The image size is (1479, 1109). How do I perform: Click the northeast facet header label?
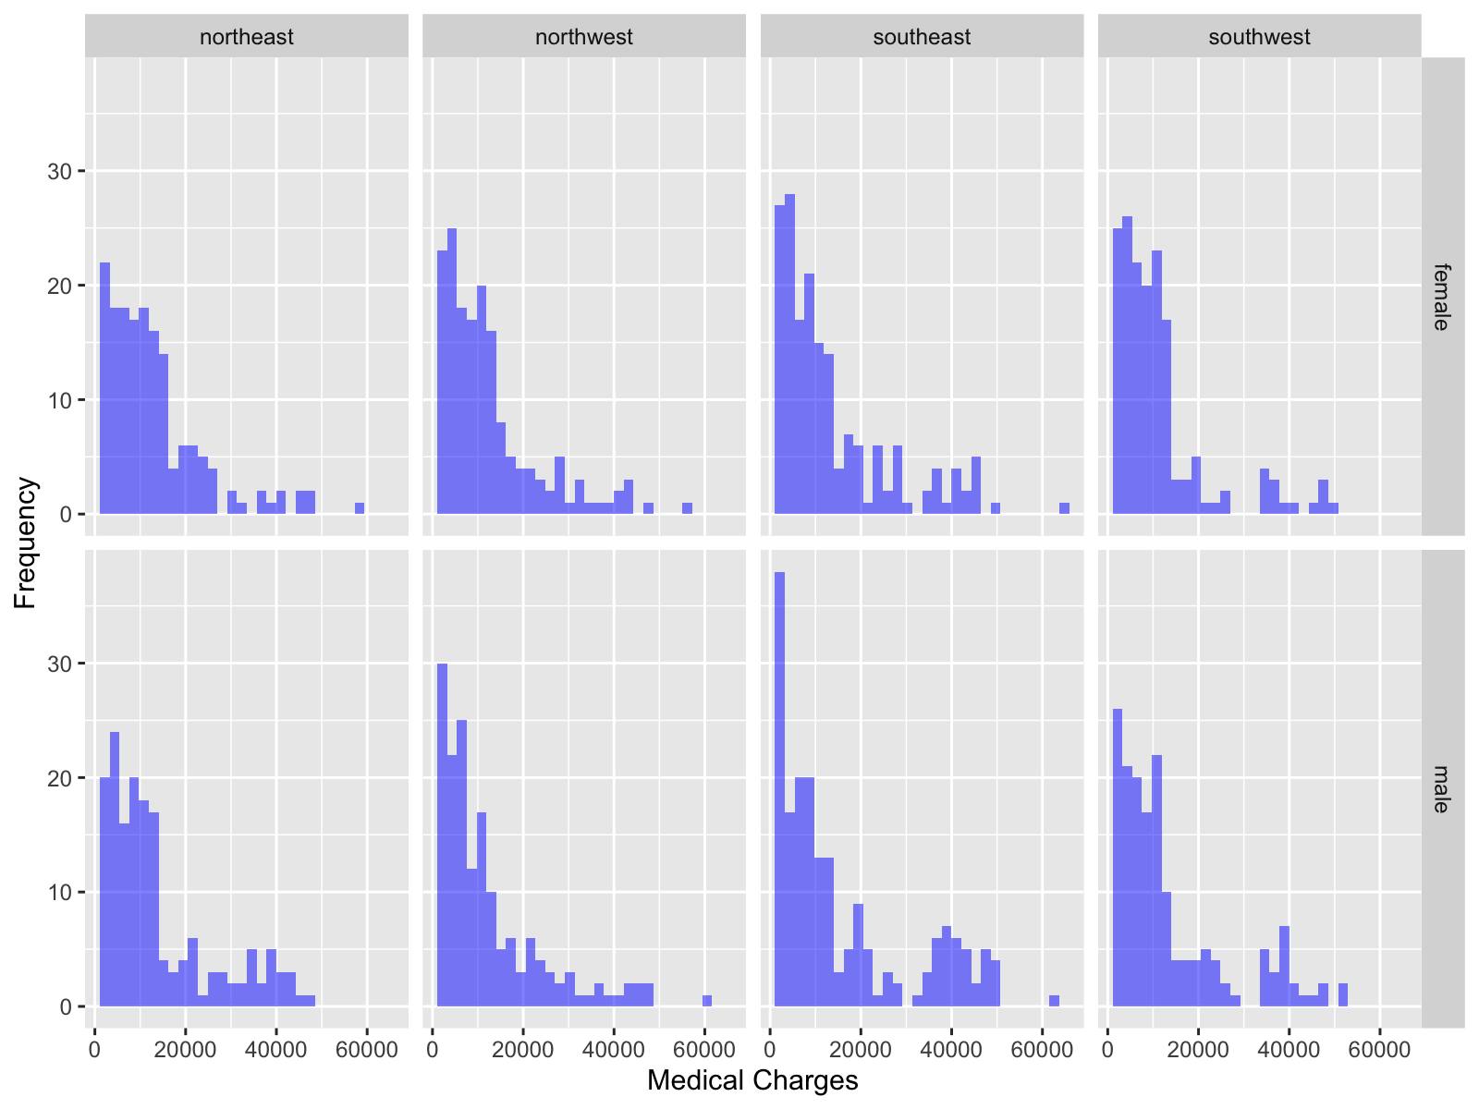(247, 37)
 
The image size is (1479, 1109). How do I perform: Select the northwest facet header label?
(584, 37)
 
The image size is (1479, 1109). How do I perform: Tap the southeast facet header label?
(922, 37)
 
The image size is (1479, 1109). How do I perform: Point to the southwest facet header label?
(1259, 37)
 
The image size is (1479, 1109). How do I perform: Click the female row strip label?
(1441, 297)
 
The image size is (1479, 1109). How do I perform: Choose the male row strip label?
(1441, 788)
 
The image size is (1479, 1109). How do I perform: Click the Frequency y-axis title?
(26, 542)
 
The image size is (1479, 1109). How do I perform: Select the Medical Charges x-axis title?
(752, 1080)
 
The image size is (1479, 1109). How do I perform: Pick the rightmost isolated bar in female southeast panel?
(1064, 508)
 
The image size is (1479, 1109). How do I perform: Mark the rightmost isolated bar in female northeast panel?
(360, 508)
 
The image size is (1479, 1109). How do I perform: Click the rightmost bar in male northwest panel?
(707, 1001)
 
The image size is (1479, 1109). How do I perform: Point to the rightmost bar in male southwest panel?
(1342, 994)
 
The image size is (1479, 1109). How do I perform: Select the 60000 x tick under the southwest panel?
(1379, 1051)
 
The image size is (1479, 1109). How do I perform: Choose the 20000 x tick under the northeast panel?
(185, 1051)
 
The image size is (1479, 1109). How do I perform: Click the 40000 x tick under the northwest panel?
(613, 1051)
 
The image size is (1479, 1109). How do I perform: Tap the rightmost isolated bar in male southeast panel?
(1054, 1001)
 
